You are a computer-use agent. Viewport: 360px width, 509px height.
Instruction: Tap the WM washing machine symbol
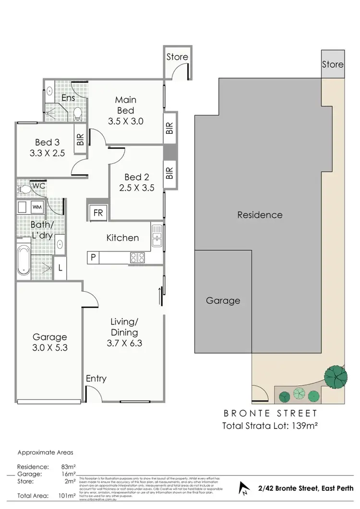(37, 208)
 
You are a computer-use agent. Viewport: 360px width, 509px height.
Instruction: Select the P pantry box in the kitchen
(93, 258)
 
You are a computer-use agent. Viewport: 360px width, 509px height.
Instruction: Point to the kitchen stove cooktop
(137, 258)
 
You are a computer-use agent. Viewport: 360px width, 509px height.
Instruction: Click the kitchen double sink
(156, 236)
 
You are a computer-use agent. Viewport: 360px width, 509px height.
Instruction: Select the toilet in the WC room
(24, 190)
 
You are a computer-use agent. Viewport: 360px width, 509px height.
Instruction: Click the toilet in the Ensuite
(77, 114)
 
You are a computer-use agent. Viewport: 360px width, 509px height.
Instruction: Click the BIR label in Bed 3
(80, 139)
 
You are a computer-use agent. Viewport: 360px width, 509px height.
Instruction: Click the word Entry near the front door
(96, 379)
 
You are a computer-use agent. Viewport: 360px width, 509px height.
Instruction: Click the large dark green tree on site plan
(336, 376)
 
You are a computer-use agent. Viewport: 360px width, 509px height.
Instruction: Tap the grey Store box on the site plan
(333, 64)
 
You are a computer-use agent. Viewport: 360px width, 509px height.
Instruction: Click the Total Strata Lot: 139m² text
(271, 425)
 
